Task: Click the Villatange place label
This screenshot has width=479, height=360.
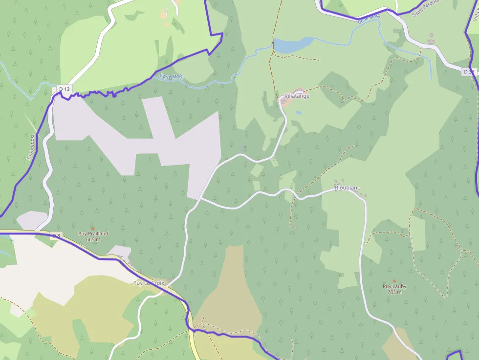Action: (x=297, y=96)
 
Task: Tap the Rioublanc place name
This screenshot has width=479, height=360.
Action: (x=347, y=188)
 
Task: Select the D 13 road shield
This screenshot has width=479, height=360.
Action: (x=65, y=89)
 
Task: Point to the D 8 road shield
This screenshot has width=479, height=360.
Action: (x=56, y=236)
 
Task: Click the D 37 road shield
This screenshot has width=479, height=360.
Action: (x=468, y=72)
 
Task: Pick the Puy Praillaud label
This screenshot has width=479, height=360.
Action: (x=93, y=233)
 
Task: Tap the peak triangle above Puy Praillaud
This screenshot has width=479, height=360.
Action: (x=93, y=228)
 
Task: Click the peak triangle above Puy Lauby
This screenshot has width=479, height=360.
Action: (x=394, y=281)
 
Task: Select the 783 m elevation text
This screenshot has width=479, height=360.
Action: (x=394, y=292)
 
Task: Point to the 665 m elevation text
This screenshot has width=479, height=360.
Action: (x=93, y=239)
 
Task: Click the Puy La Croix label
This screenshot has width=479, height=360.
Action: (x=149, y=283)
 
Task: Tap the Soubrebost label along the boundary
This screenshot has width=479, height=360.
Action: (x=30, y=147)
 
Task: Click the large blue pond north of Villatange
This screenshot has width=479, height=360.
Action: (x=291, y=45)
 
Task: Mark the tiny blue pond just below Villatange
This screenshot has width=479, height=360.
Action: (x=299, y=112)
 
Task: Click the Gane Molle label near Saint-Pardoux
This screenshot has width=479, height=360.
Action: (x=369, y=19)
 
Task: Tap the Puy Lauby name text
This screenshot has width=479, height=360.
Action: (x=394, y=287)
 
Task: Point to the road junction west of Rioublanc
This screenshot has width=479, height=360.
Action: (x=200, y=198)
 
